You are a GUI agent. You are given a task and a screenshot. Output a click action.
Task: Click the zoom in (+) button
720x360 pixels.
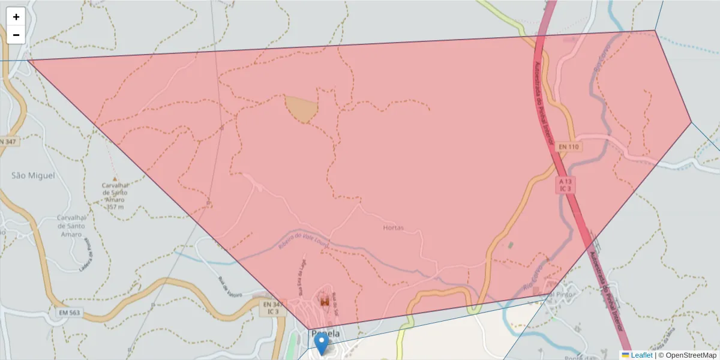(16, 17)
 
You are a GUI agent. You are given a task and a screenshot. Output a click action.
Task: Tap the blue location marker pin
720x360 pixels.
(322, 344)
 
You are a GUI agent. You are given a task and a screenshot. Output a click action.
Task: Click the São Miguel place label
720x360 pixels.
(33, 176)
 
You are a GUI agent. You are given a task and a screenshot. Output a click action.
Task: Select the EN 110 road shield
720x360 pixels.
(569, 147)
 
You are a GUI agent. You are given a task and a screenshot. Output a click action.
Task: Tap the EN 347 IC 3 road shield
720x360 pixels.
(272, 308)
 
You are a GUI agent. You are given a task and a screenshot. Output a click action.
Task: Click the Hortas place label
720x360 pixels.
(393, 228)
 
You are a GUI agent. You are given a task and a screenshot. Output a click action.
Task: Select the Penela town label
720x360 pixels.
(326, 334)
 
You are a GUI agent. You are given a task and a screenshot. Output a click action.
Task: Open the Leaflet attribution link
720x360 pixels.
(641, 355)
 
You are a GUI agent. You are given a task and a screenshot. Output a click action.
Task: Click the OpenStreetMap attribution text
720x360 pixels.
(690, 355)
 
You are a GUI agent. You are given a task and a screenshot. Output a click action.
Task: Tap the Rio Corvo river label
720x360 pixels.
(535, 277)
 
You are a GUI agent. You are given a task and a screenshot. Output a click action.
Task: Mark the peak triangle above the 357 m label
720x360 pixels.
(114, 179)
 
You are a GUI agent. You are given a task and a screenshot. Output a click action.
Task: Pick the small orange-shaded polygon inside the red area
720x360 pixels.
(302, 108)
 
